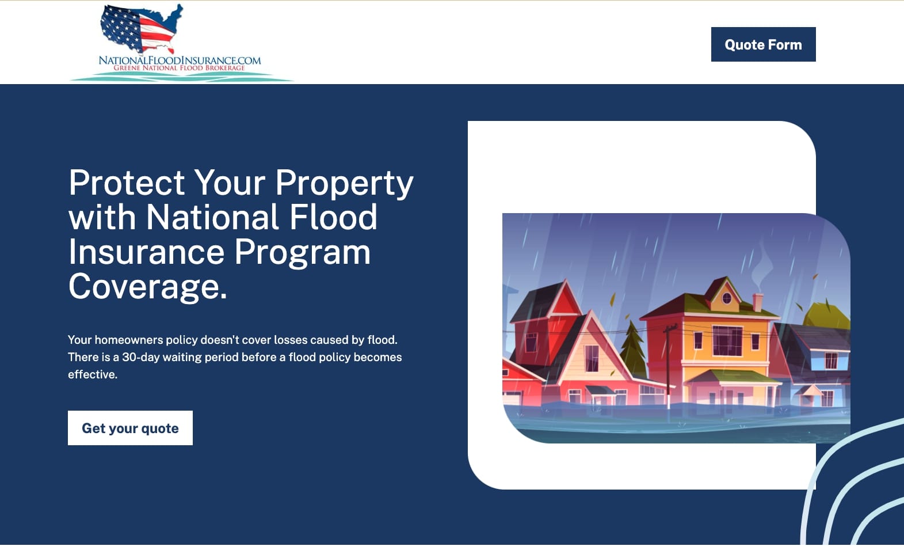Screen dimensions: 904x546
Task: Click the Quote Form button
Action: [763, 44]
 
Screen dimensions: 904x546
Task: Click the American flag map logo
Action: [141, 28]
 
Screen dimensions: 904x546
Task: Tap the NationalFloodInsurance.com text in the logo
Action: [180, 60]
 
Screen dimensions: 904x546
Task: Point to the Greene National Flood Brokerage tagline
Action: [179, 68]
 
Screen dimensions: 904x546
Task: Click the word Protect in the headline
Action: [127, 183]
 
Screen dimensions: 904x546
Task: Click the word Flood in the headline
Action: [333, 217]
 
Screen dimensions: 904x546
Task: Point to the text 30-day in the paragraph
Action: [141, 358]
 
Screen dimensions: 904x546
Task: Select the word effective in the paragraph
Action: [91, 375]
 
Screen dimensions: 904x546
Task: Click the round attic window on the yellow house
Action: [726, 299]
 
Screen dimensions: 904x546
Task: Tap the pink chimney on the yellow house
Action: [758, 302]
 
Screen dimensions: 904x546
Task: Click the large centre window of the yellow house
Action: [728, 341]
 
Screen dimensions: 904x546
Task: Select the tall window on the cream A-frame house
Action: [592, 359]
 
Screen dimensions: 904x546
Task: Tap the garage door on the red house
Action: [512, 398]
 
